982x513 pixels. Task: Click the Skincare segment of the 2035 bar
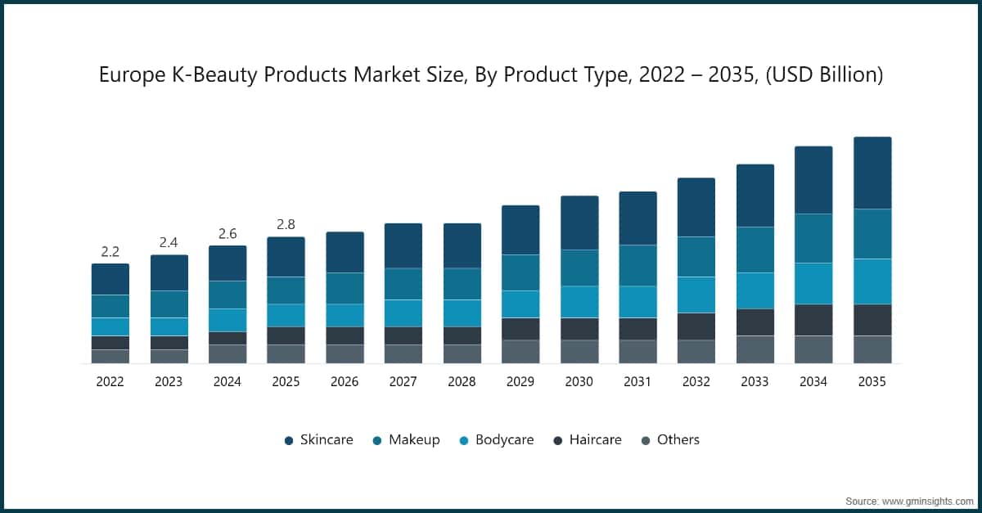872,173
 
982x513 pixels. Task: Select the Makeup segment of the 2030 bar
579,268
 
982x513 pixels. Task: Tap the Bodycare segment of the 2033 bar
755,290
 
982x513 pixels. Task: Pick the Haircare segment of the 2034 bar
813,320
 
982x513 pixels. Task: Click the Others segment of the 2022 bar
110,356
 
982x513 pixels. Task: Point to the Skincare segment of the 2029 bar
520,230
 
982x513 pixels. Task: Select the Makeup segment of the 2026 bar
345,288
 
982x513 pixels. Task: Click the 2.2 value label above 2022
110,251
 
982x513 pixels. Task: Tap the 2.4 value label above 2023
169,242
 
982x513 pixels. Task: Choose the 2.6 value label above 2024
227,233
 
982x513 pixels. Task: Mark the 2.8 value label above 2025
286,224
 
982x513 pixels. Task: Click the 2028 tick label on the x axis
462,381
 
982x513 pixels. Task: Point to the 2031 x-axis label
637,381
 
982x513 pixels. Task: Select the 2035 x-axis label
872,381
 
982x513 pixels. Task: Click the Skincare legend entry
318,440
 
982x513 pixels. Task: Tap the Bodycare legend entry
495,440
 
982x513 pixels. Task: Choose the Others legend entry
669,440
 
